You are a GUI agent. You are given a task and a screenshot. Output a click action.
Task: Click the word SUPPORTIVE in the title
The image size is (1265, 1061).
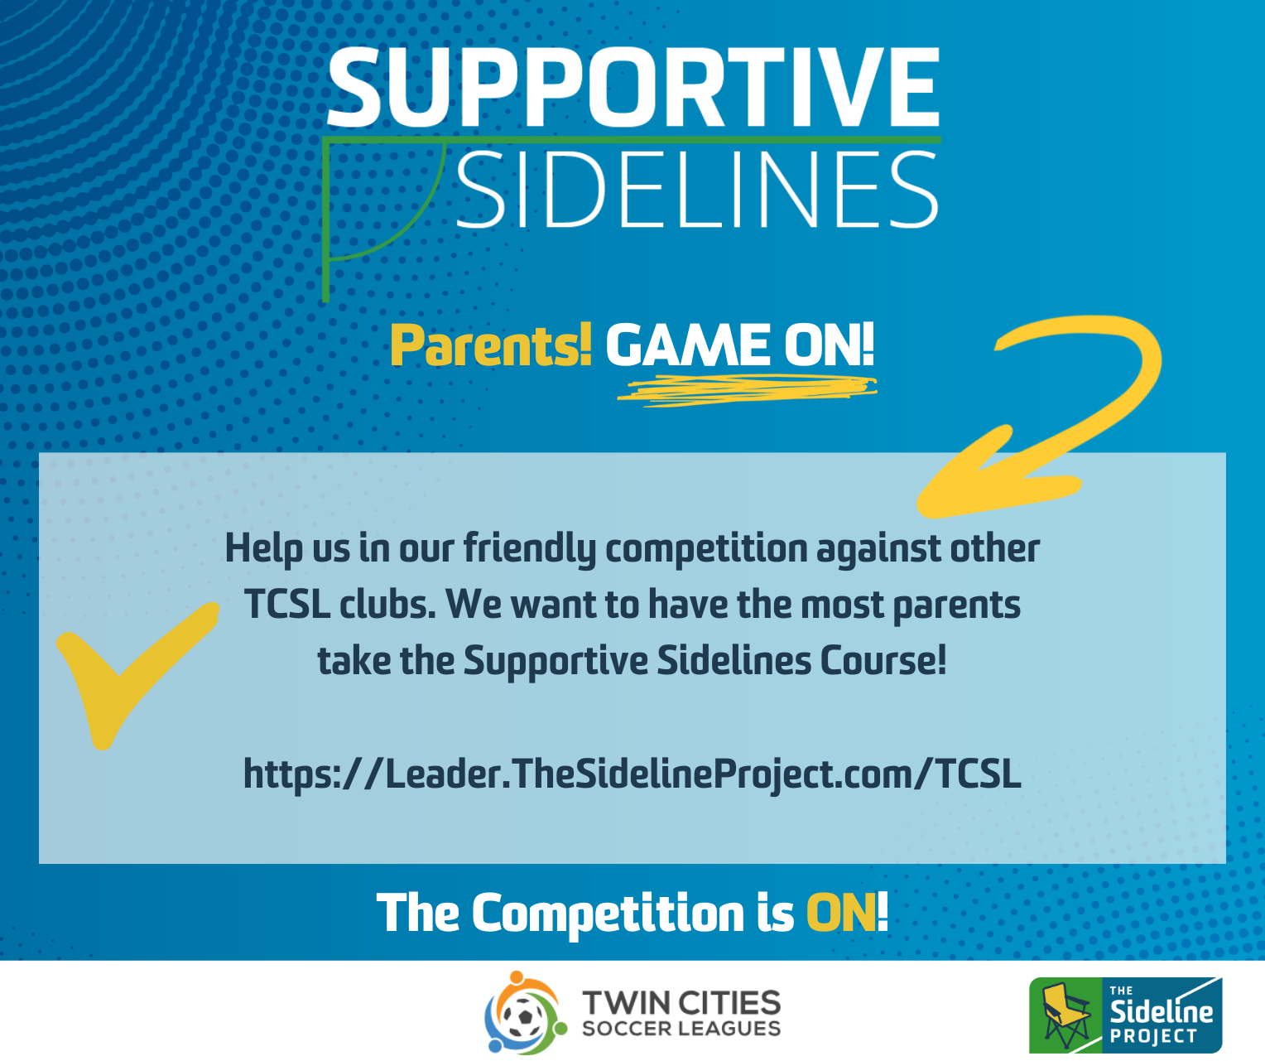coord(633,87)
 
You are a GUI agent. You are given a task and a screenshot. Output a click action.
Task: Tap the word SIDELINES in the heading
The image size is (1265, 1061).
coord(697,190)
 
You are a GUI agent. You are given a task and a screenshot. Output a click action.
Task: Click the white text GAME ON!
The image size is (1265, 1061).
coord(739,345)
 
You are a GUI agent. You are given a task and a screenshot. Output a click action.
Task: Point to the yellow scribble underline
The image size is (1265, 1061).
coord(747,389)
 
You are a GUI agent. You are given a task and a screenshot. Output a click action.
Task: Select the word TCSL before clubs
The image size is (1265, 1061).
coord(287,605)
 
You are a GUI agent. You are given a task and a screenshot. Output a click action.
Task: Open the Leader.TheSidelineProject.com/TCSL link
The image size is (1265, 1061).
coord(632,774)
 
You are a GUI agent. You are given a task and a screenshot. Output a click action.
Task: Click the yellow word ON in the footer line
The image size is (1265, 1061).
coord(840,914)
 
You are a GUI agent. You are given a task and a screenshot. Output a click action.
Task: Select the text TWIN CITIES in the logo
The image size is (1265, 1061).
coord(681,1003)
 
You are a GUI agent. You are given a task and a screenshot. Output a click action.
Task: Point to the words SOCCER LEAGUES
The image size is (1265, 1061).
coord(681,1029)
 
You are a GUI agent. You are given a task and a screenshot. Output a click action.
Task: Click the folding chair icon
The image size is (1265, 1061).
coord(1066,1015)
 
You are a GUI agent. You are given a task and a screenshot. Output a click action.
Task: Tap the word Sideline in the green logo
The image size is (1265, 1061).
coord(1161,1010)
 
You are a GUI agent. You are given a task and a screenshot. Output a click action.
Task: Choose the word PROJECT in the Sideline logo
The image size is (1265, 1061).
coord(1153,1036)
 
